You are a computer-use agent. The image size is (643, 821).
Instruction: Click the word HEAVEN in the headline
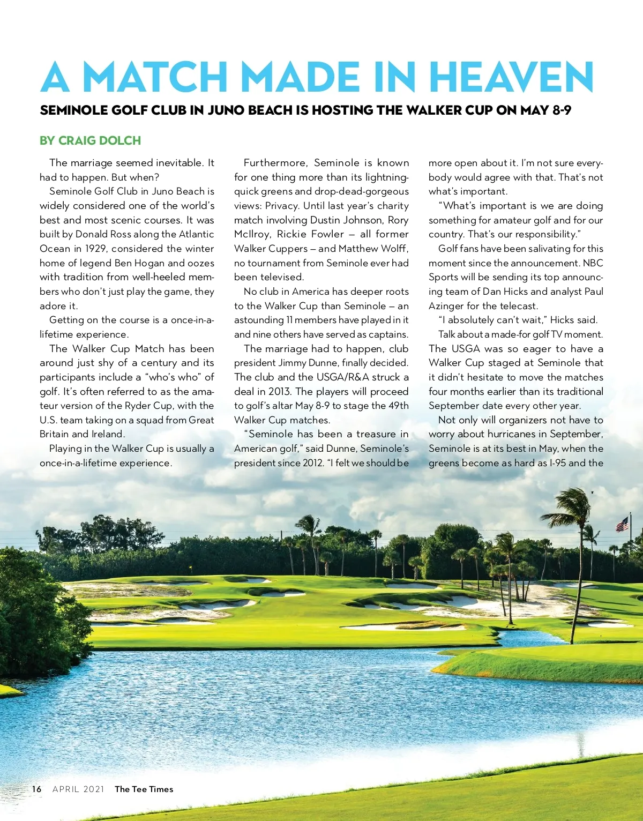tap(511, 77)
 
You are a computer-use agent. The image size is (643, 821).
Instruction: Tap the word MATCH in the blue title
tap(155, 77)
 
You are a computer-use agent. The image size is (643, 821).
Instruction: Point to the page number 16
tap(36, 789)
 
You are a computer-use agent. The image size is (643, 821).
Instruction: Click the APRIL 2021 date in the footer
tap(78, 789)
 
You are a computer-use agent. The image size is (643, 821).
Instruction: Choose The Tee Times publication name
tap(144, 789)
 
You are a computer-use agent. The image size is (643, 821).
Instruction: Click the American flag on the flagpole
tap(622, 524)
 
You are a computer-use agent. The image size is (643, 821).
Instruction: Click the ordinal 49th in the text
tap(396, 406)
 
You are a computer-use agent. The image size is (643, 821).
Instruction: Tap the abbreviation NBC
tap(593, 263)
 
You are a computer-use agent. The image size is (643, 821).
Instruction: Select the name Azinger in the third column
tap(446, 306)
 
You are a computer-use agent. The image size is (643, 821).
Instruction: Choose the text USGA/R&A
tap(335, 377)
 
